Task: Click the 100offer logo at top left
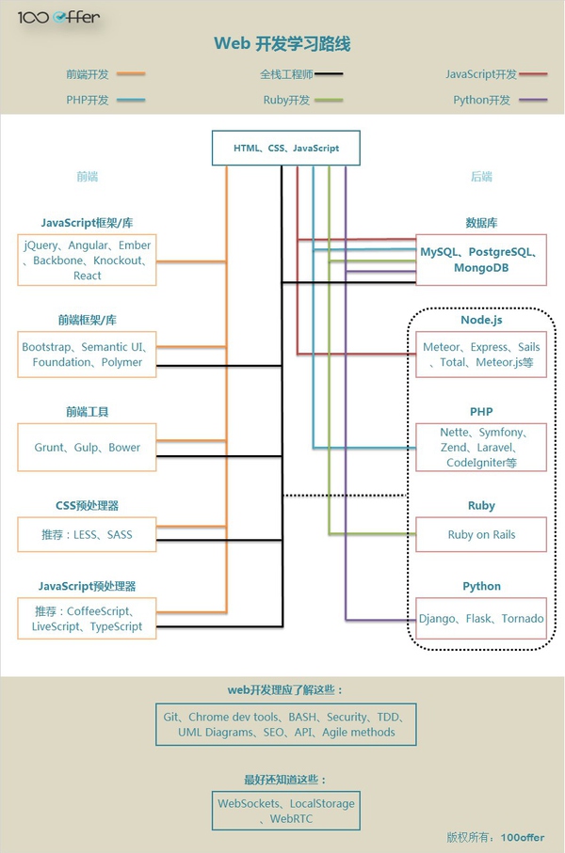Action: (x=58, y=17)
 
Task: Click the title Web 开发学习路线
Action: (x=282, y=44)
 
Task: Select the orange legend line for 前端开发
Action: (x=130, y=73)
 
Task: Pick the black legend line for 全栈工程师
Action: (x=330, y=73)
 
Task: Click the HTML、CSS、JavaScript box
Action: (x=286, y=148)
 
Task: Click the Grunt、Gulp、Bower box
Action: (x=87, y=448)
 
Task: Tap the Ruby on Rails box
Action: (x=481, y=535)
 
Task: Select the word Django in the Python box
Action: (x=438, y=619)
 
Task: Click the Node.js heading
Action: (x=481, y=321)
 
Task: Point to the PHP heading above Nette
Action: (x=481, y=412)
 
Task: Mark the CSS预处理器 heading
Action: (x=87, y=505)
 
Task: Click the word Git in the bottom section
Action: (x=171, y=717)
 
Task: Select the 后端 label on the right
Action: (x=481, y=176)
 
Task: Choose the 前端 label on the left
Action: (x=88, y=176)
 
